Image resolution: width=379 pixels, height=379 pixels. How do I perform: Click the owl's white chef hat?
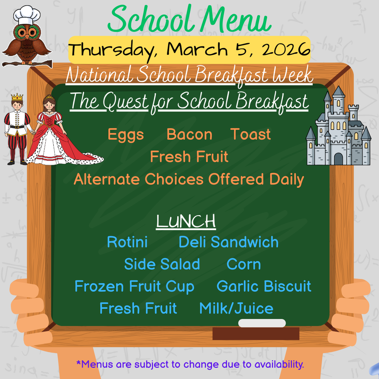[27, 15]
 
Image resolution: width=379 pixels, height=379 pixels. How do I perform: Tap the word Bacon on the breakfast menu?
[189, 135]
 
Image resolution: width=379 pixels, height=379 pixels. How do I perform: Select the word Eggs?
[125, 135]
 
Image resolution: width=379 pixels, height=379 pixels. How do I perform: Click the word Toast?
[251, 134]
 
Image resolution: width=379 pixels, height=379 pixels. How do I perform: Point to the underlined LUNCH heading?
[186, 221]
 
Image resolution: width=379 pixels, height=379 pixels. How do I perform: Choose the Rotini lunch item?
[127, 242]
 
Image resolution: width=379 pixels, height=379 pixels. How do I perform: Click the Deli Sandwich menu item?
[228, 242]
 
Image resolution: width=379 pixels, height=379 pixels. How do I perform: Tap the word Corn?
[244, 265]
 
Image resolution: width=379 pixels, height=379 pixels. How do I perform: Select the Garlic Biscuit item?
[264, 286]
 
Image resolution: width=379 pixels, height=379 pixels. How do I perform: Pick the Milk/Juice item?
[236, 308]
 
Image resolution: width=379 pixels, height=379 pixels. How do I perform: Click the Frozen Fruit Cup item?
[134, 286]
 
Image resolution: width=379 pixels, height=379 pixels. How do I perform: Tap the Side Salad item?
[162, 265]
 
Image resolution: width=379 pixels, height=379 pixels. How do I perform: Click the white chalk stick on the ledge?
[262, 323]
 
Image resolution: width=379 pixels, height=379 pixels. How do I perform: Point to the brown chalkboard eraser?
[255, 333]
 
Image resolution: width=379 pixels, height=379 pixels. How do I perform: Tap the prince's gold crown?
[17, 97]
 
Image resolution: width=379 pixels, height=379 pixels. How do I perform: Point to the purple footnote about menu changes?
[190, 364]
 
